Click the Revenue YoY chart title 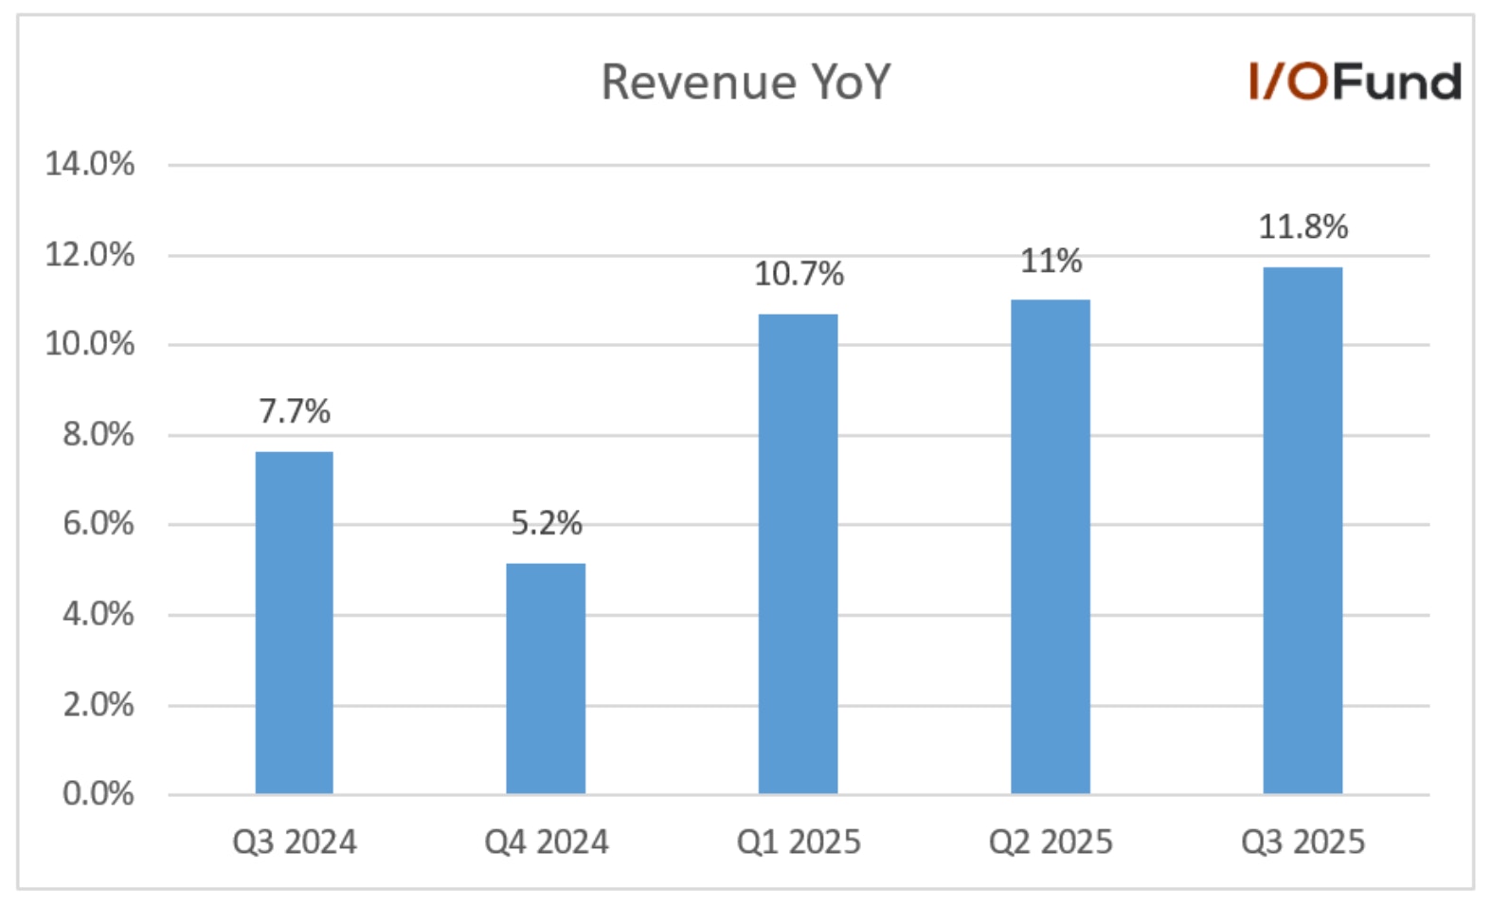pyautogui.click(x=745, y=82)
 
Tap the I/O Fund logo pyautogui.click(x=1355, y=82)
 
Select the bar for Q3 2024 pyautogui.click(x=295, y=622)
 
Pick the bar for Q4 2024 pyautogui.click(x=546, y=678)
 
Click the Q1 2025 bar pyautogui.click(x=798, y=553)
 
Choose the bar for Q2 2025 pyautogui.click(x=1051, y=546)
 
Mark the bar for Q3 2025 pyautogui.click(x=1302, y=530)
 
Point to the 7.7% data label pyautogui.click(x=295, y=411)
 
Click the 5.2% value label pyautogui.click(x=547, y=523)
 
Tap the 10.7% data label pyautogui.click(x=799, y=274)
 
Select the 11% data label pyautogui.click(x=1051, y=261)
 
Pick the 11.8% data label pyautogui.click(x=1302, y=226)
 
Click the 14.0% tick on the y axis pyautogui.click(x=90, y=164)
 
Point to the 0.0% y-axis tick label pyautogui.click(x=99, y=793)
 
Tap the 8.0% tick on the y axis pyautogui.click(x=99, y=434)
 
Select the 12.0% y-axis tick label pyautogui.click(x=90, y=254)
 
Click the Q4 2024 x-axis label pyautogui.click(x=547, y=842)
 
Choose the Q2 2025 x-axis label pyautogui.click(x=1051, y=842)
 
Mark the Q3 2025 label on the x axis pyautogui.click(x=1302, y=842)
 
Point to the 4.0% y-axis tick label pyautogui.click(x=99, y=614)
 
